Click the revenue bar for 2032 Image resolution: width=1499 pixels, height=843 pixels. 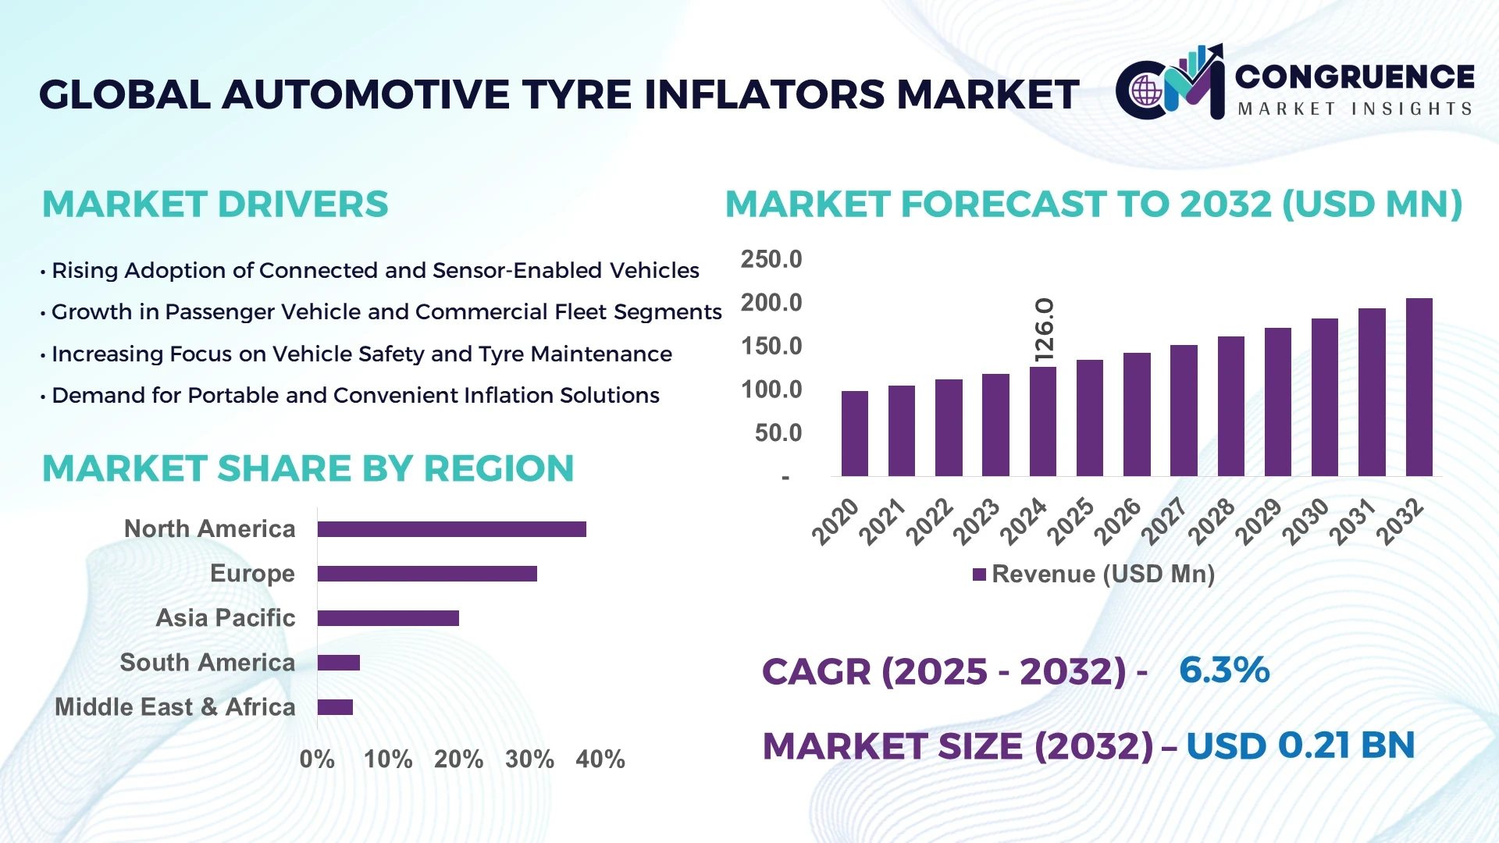point(1419,387)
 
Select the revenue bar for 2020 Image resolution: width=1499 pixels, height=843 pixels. point(854,433)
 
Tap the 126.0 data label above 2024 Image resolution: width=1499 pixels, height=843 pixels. point(1044,329)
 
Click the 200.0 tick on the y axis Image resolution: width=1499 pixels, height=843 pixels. point(771,303)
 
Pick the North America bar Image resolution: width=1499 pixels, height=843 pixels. point(451,529)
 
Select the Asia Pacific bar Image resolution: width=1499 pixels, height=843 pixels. point(388,618)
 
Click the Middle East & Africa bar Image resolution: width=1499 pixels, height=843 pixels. point(335,707)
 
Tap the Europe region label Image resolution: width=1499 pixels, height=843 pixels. point(252,574)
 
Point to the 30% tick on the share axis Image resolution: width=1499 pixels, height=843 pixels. point(529,759)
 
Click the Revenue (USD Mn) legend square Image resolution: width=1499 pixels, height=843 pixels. point(979,575)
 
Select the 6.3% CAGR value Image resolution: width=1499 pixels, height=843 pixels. point(1223,670)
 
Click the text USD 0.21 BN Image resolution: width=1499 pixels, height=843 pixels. point(1300,745)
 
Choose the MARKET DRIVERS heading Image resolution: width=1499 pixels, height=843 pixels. point(215,205)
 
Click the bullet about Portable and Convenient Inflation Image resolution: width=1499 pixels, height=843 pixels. point(355,396)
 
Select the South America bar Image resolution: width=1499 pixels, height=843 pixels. point(338,663)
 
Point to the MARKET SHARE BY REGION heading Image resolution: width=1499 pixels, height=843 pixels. point(308,469)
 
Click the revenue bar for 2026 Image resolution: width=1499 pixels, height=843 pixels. point(1137,414)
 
